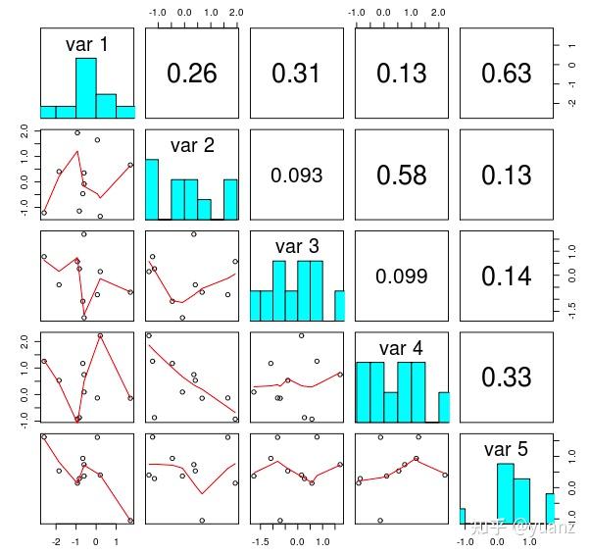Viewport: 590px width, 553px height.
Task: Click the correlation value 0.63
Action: (x=506, y=74)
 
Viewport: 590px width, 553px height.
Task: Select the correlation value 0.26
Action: (x=191, y=74)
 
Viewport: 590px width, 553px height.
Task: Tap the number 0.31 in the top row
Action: (x=296, y=74)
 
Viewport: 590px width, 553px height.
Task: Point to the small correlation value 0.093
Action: (x=296, y=176)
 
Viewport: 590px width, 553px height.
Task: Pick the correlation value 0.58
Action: (x=401, y=176)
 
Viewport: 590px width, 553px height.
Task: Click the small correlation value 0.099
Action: (x=401, y=276)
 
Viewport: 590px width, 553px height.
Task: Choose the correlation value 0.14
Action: (x=506, y=276)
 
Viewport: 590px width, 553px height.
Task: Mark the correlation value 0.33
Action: (x=506, y=377)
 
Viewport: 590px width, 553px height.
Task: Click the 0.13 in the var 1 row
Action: (x=401, y=74)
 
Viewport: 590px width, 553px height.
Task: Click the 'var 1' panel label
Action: (x=87, y=44)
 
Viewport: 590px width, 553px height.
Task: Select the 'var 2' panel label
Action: (x=192, y=146)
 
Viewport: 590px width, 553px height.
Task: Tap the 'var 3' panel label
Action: (x=297, y=247)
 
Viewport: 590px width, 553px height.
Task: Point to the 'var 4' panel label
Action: (x=402, y=348)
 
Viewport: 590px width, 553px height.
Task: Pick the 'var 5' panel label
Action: (x=506, y=449)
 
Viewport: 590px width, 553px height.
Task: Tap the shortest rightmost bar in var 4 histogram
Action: (x=443, y=407)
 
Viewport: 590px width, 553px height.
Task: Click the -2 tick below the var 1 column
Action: (x=56, y=540)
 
